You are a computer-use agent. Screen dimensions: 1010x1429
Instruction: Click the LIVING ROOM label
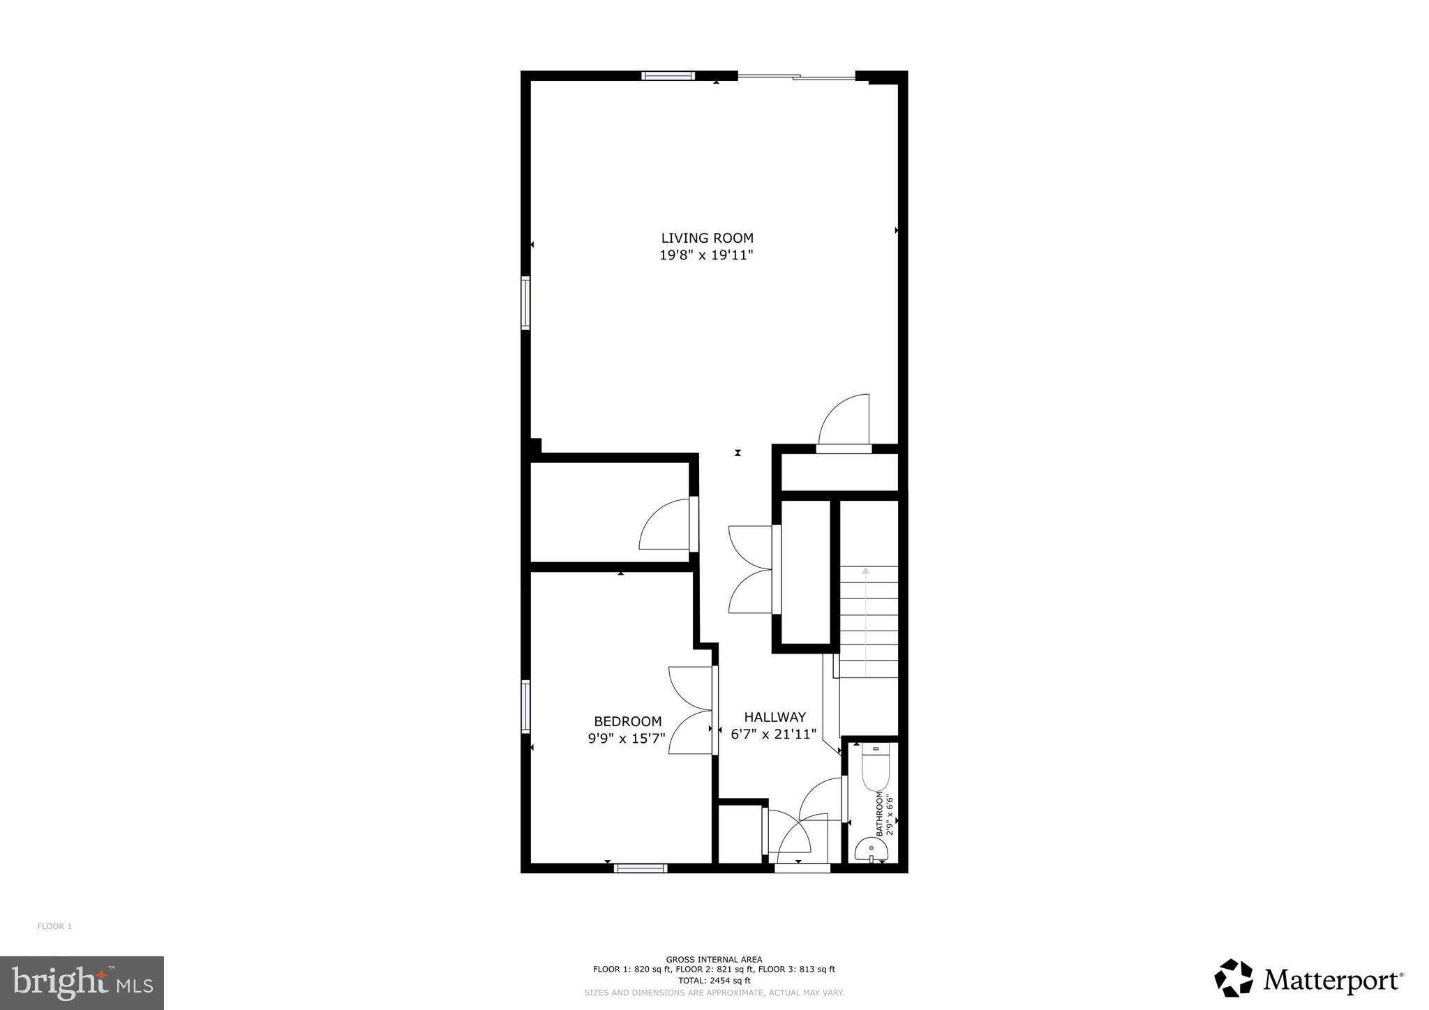[x=707, y=239]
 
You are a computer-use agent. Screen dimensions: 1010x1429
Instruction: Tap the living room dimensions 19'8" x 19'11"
[x=707, y=255]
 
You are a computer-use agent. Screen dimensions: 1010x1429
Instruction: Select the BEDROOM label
[x=627, y=721]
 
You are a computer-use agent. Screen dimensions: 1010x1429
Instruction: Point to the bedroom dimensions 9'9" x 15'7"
[x=627, y=737]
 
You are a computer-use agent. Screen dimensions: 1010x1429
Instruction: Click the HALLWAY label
[x=775, y=717]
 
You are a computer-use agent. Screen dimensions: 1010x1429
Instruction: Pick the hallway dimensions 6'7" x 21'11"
[x=773, y=734]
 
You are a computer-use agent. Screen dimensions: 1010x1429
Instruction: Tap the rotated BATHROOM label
[x=880, y=814]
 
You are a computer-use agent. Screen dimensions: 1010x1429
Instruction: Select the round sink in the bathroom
[x=871, y=850]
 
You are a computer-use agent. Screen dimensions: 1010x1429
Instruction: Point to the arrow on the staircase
[x=865, y=621]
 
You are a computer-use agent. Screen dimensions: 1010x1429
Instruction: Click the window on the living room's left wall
[x=525, y=303]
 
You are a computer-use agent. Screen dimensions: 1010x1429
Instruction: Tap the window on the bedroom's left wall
[x=525, y=706]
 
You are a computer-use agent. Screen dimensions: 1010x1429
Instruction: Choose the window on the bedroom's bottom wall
[x=641, y=868]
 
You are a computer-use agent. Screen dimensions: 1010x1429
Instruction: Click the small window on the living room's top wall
[x=668, y=76]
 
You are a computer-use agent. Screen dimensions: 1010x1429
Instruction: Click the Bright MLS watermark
[x=82, y=983]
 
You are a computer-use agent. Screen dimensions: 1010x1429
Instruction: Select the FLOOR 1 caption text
[x=54, y=926]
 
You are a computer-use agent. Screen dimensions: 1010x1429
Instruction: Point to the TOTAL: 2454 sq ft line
[x=714, y=980]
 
